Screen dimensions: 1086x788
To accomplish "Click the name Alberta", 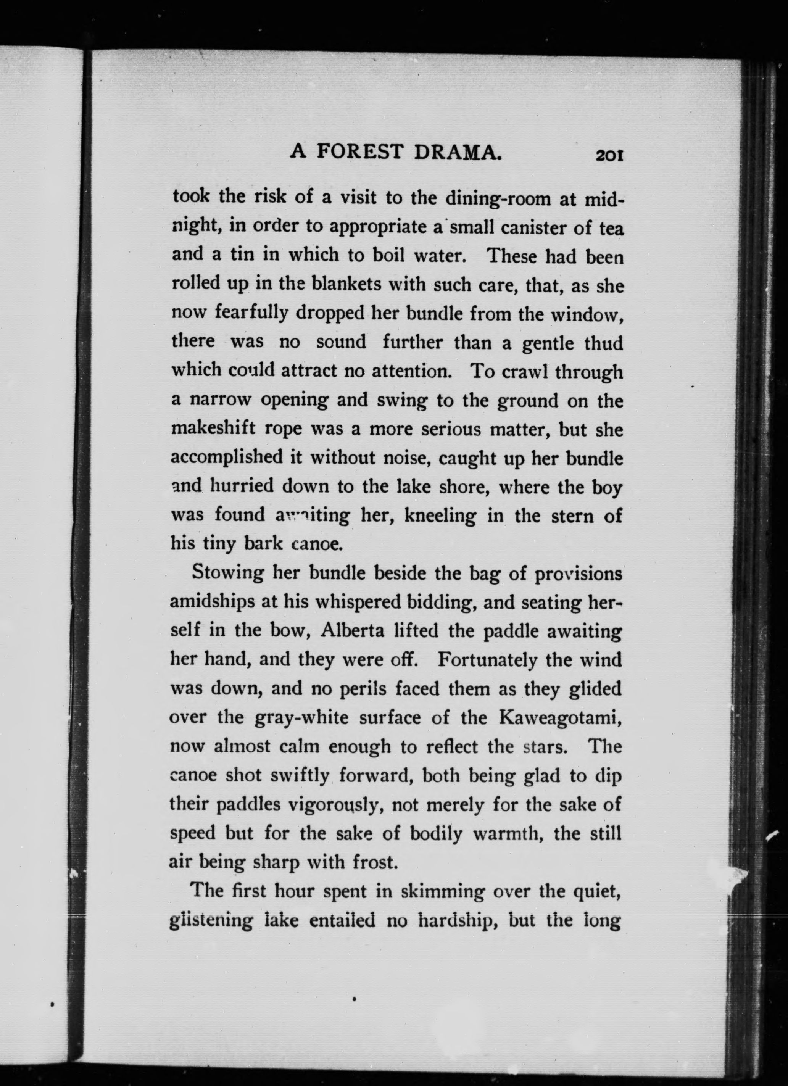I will coord(353,631).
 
